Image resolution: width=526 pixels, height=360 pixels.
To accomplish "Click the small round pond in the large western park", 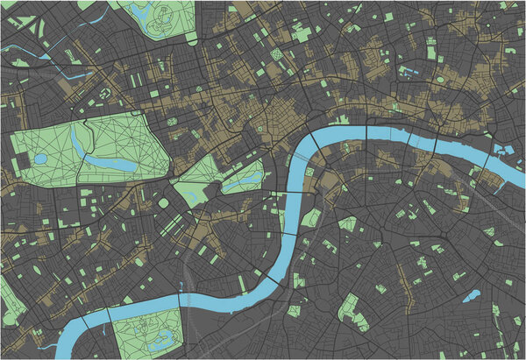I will point(40,159).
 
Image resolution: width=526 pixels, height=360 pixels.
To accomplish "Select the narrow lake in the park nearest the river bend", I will point(238,183).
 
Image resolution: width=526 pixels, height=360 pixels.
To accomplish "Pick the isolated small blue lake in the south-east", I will point(471,296).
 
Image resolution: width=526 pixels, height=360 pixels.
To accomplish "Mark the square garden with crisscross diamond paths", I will point(277,54).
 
